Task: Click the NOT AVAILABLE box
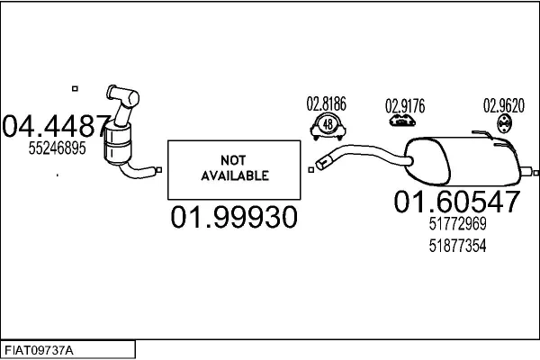click(x=234, y=169)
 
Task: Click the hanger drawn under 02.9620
click(x=504, y=124)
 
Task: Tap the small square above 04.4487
click(x=76, y=88)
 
